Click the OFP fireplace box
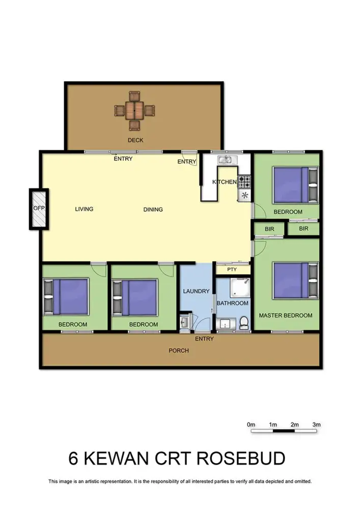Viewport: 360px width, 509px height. tap(39, 209)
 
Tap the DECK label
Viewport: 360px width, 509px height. tap(135, 140)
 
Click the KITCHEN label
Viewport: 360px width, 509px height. tap(225, 182)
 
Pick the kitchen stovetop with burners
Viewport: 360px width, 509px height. tap(245, 180)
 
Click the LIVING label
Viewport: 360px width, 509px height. tap(84, 209)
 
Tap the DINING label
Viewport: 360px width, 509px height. tap(153, 209)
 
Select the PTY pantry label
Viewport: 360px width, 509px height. tap(232, 270)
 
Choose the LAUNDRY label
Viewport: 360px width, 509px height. tap(196, 291)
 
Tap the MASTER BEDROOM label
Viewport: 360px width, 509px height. tap(286, 316)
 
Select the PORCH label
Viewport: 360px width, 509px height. tap(179, 350)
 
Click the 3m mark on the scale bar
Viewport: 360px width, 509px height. tap(316, 425)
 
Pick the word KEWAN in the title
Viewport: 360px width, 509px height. tap(119, 458)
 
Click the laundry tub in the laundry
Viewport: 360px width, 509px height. tap(184, 322)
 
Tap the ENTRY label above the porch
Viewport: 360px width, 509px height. tap(204, 339)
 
